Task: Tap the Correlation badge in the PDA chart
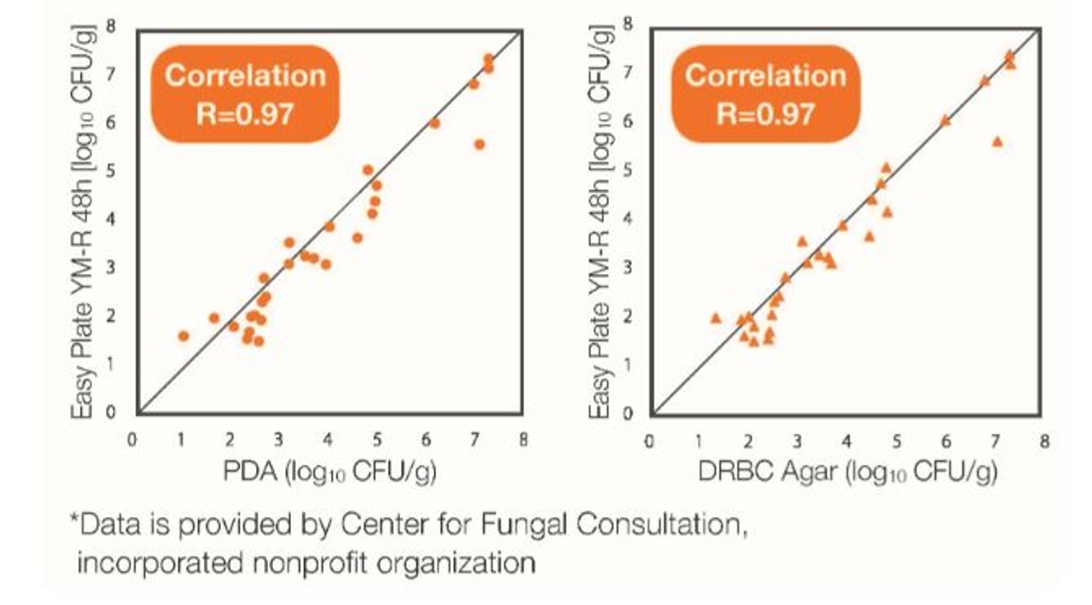pyautogui.click(x=245, y=94)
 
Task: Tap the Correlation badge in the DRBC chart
pyautogui.click(x=766, y=94)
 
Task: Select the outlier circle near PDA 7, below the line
pyautogui.click(x=479, y=144)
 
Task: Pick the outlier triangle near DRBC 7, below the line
pyautogui.click(x=997, y=142)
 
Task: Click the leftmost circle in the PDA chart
pyautogui.click(x=183, y=336)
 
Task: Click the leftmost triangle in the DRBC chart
pyautogui.click(x=716, y=318)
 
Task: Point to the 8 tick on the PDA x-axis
pyautogui.click(x=523, y=440)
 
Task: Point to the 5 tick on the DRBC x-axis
pyautogui.click(x=897, y=442)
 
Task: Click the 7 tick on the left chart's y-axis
pyautogui.click(x=111, y=74)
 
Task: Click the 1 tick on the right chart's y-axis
pyautogui.click(x=628, y=364)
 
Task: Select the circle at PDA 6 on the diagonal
pyautogui.click(x=434, y=124)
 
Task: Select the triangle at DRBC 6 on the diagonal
pyautogui.click(x=946, y=120)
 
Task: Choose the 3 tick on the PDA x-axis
pyautogui.click(x=278, y=440)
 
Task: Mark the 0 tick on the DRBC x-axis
pyautogui.click(x=648, y=442)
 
